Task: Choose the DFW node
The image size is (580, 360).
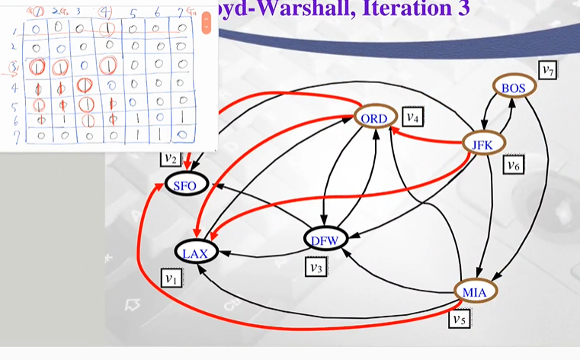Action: click(x=325, y=240)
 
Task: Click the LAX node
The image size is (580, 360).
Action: click(x=196, y=252)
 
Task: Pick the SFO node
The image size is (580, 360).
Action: click(x=187, y=185)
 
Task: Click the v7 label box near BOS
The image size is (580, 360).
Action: click(x=547, y=70)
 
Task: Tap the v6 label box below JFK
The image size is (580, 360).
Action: click(x=512, y=163)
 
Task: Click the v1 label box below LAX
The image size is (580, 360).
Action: click(x=172, y=278)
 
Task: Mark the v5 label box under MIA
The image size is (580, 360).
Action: click(x=457, y=319)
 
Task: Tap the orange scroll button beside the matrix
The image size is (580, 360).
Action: click(x=206, y=23)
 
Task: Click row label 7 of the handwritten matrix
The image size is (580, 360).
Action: click(x=14, y=135)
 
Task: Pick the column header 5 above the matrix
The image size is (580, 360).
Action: click(x=133, y=14)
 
